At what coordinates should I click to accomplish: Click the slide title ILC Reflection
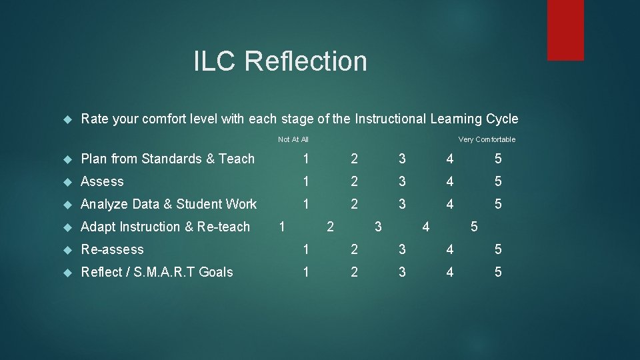[x=280, y=61]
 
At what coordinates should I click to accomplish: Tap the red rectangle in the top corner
[x=565, y=30]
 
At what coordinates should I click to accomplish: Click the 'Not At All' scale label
[x=293, y=139]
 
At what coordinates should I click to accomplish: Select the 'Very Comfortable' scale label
[x=487, y=139]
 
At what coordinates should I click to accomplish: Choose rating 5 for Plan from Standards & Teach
[x=498, y=159]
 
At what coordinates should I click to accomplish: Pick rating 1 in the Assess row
[x=306, y=181]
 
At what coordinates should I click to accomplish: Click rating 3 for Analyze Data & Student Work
[x=402, y=204]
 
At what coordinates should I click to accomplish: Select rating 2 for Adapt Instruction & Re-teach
[x=330, y=227]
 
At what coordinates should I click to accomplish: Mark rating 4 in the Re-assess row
[x=450, y=249]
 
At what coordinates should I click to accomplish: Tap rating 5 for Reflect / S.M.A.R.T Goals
[x=498, y=272]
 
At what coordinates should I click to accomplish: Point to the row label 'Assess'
[x=102, y=181]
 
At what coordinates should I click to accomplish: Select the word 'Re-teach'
[x=223, y=227]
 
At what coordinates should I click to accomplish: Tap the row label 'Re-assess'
[x=112, y=249]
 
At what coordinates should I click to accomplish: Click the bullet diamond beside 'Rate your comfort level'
[x=67, y=119]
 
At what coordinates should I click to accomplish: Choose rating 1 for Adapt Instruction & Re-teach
[x=282, y=227]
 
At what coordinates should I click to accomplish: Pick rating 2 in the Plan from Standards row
[x=354, y=159]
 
